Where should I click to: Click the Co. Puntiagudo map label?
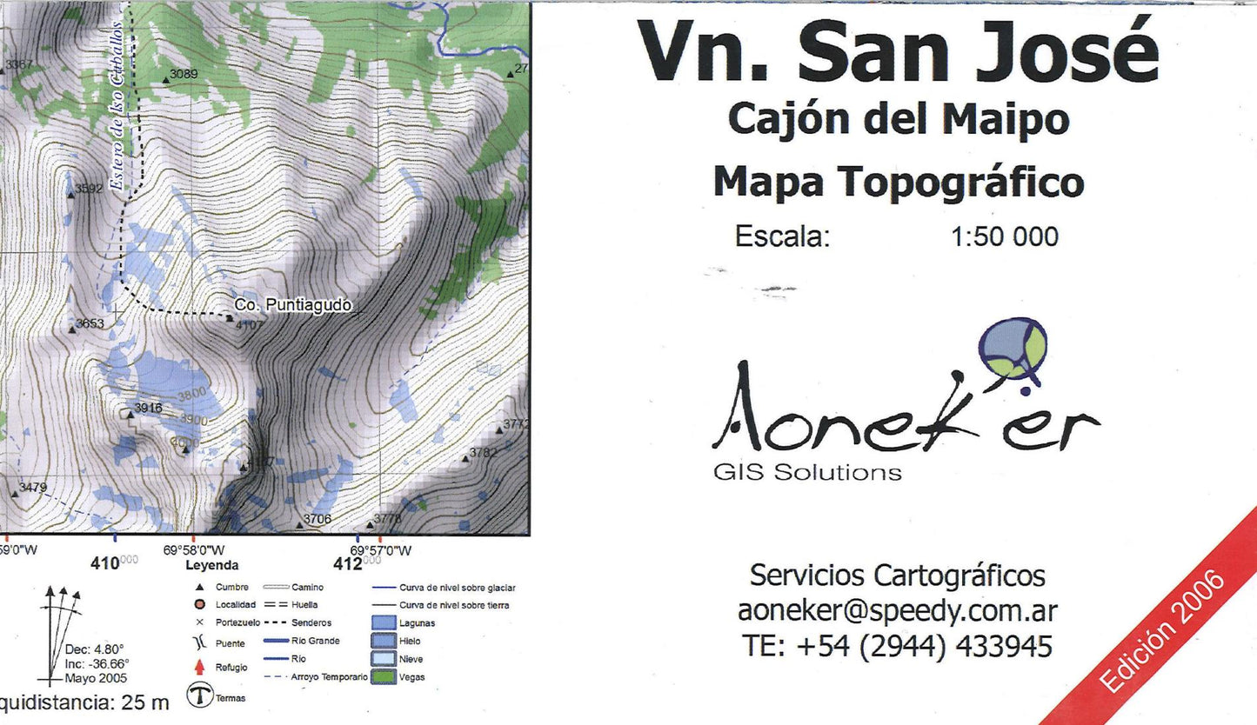point(293,305)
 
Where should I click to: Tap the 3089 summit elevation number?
point(184,74)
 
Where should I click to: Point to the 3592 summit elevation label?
point(90,188)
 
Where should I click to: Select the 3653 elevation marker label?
point(90,323)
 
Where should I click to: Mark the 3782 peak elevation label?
point(484,453)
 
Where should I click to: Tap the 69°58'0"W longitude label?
point(193,550)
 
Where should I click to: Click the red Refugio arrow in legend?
point(199,668)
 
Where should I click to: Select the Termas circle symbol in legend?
point(200,697)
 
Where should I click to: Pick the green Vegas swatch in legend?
point(384,676)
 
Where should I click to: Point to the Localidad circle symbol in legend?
point(199,604)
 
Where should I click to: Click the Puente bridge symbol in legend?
point(199,644)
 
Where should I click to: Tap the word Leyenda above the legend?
point(211,565)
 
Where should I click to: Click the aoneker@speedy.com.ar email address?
point(897,611)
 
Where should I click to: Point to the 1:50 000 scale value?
point(1005,236)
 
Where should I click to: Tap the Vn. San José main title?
point(898,52)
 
